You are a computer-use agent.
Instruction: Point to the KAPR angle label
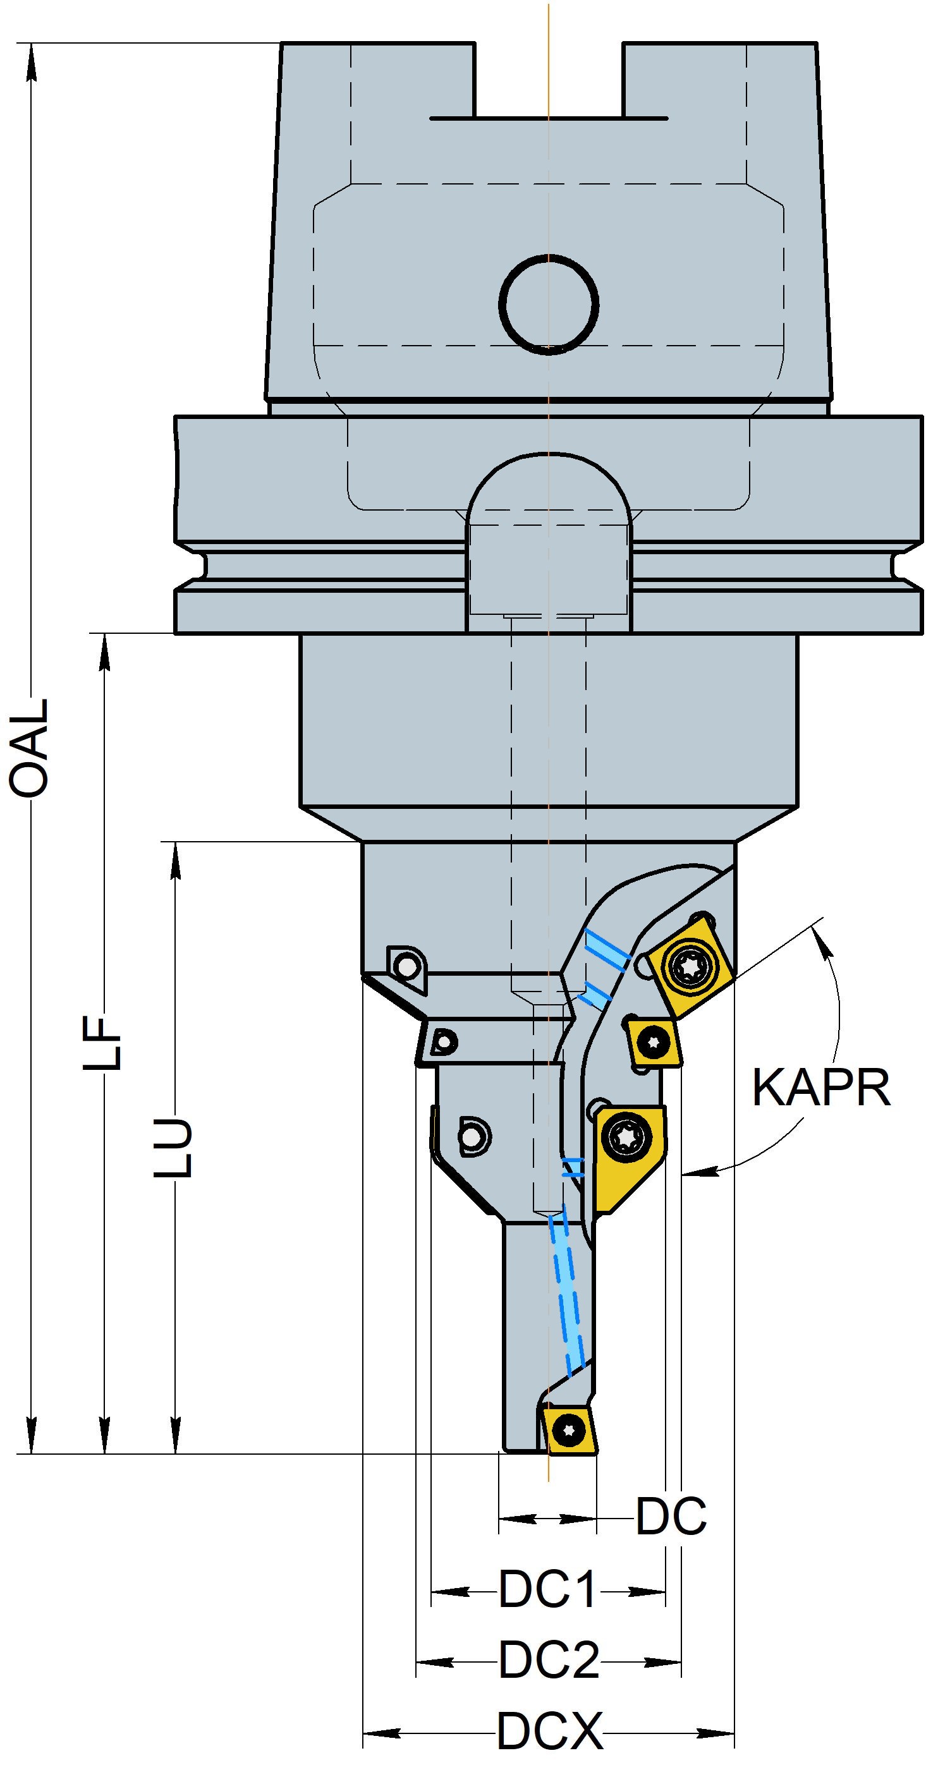[x=821, y=1088]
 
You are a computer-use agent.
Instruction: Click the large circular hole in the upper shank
[x=549, y=304]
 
